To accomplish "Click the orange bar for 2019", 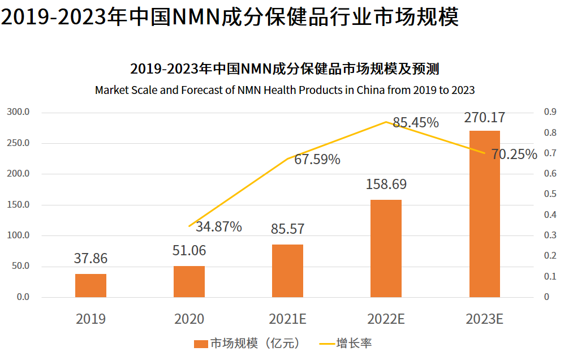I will click(x=91, y=285).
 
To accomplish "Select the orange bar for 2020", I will click(x=189, y=281).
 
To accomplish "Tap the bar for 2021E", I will click(x=287, y=271).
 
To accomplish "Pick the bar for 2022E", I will click(x=386, y=248).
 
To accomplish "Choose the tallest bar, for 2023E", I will click(x=484, y=214).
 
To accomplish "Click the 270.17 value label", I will click(x=484, y=118).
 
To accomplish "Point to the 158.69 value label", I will click(x=386, y=185).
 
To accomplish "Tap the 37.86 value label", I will click(x=91, y=259).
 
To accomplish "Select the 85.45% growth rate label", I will click(x=416, y=123).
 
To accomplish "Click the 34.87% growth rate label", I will click(x=219, y=227).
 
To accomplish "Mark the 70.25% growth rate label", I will click(x=514, y=154).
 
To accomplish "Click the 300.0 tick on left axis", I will click(x=19, y=112).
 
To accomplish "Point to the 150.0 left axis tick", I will click(x=19, y=204).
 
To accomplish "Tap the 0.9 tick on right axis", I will click(x=550, y=112).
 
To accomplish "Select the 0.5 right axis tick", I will click(x=550, y=194).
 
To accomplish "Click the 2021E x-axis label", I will click(x=288, y=319).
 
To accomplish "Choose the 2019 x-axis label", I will click(x=91, y=319).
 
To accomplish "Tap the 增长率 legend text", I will click(x=354, y=344).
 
